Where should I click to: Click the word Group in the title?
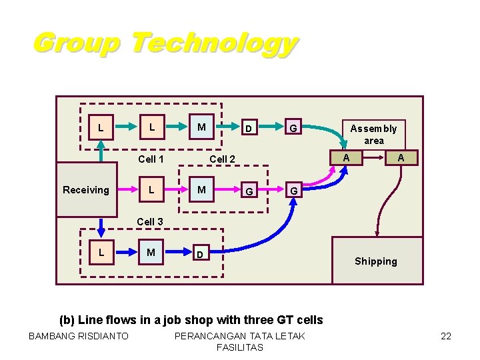pos(76,43)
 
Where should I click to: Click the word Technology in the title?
pos(213,45)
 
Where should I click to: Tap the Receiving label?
pos(85,190)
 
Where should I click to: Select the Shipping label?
pos(375,261)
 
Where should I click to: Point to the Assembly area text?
pos(373,134)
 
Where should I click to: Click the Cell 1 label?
pos(151,159)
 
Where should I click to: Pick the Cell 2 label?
pos(223,159)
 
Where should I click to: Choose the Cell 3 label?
pos(150,221)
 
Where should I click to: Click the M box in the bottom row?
pos(151,252)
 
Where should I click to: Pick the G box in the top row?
pos(291,127)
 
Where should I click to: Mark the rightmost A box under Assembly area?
pos(401,157)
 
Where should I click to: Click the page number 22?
pos(446,336)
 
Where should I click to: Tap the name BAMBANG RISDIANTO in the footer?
pos(79,336)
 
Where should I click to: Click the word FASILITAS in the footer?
pos(239,347)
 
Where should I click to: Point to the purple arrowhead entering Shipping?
pos(378,233)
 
